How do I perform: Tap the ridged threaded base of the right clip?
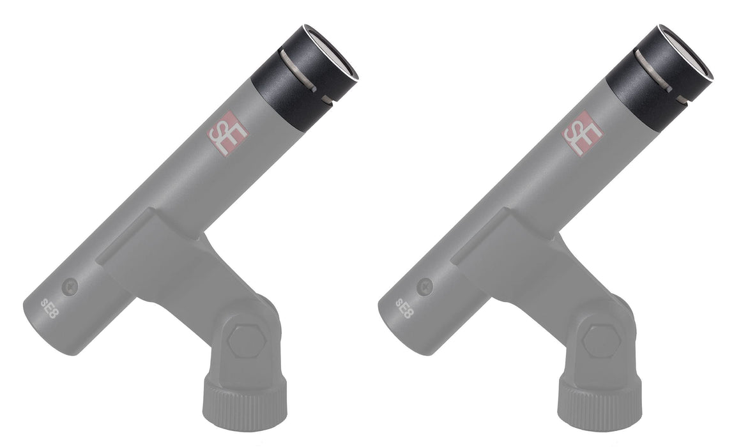click(x=596, y=403)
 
